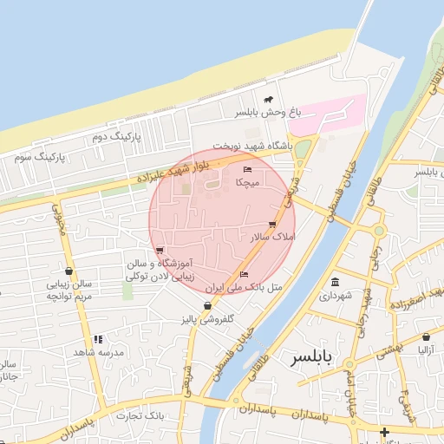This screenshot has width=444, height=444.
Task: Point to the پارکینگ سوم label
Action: tap(40, 157)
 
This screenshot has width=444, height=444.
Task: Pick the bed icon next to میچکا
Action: tap(247, 169)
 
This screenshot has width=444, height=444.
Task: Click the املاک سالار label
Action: tap(272, 236)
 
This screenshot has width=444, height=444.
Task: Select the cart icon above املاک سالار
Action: tap(273, 223)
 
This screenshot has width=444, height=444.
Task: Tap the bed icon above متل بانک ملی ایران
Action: tap(243, 274)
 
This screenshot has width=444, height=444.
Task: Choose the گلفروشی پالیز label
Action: tap(207, 319)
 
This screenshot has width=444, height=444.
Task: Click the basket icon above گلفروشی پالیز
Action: tap(207, 306)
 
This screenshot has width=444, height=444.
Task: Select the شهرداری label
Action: tap(336, 295)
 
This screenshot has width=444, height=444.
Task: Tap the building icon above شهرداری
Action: tap(336, 282)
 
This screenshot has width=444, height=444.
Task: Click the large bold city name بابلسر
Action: tap(312, 357)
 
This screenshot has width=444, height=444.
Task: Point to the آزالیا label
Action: tap(426, 350)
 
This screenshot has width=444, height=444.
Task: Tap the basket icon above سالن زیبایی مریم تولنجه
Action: tap(69, 271)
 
